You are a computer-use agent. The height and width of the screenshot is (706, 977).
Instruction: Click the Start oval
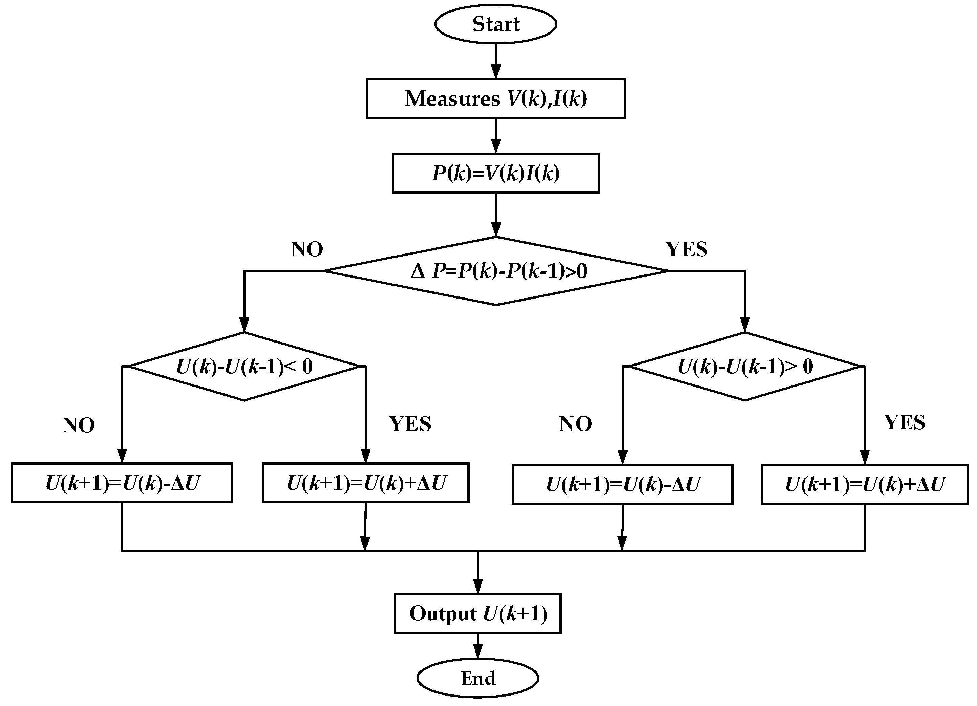point(495,24)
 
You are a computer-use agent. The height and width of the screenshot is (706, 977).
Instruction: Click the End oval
point(478,679)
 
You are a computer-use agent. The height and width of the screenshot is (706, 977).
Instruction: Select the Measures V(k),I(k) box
point(495,98)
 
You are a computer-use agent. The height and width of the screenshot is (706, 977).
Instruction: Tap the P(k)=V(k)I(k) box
point(495,173)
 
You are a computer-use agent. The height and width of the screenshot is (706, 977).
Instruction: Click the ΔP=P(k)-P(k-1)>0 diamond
point(495,271)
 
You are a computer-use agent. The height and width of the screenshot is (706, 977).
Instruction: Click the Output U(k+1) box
point(478,614)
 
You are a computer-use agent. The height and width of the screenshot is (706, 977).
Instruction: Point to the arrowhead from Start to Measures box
point(496,71)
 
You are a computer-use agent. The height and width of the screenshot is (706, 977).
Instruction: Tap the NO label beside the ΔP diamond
point(307,249)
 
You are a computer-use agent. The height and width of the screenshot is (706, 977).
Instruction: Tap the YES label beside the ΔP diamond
point(686,249)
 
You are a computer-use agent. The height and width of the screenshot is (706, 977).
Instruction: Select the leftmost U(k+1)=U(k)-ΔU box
point(122,483)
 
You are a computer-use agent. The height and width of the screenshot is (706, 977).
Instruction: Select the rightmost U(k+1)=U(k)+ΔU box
point(864,484)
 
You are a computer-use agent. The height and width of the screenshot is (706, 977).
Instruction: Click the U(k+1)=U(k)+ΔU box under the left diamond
point(365,483)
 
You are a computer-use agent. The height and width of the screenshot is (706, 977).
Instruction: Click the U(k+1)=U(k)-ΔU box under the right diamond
point(622,484)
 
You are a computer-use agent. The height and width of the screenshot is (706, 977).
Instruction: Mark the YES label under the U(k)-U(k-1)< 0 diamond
point(410,424)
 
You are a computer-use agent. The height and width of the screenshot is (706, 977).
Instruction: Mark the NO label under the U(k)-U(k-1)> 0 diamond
point(575,424)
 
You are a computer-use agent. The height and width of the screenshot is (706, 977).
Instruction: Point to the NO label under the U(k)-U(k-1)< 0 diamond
point(79,425)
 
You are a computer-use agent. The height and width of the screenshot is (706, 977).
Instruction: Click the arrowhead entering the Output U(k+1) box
point(478,586)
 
